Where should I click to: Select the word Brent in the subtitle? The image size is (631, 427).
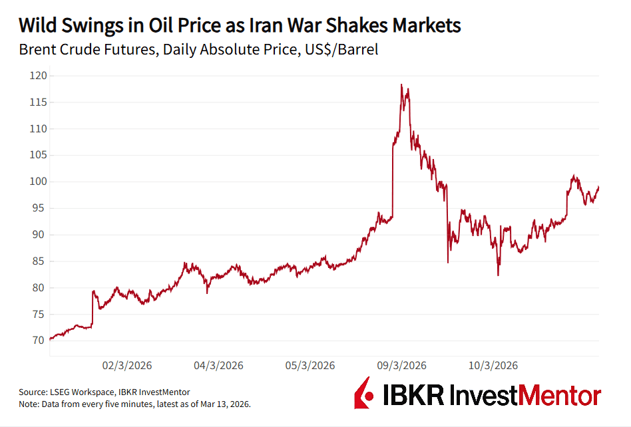[38, 50]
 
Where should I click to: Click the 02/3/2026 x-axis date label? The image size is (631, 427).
[127, 365]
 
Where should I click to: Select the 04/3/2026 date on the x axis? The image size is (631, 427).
[218, 365]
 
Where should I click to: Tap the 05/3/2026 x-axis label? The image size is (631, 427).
[310, 365]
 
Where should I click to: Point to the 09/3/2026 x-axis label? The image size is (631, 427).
[401, 365]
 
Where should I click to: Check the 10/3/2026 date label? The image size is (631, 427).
[493, 365]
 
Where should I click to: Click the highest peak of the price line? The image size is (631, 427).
[401, 84]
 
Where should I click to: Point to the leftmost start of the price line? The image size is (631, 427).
[50, 339]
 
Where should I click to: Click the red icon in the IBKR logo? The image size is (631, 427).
[363, 393]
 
